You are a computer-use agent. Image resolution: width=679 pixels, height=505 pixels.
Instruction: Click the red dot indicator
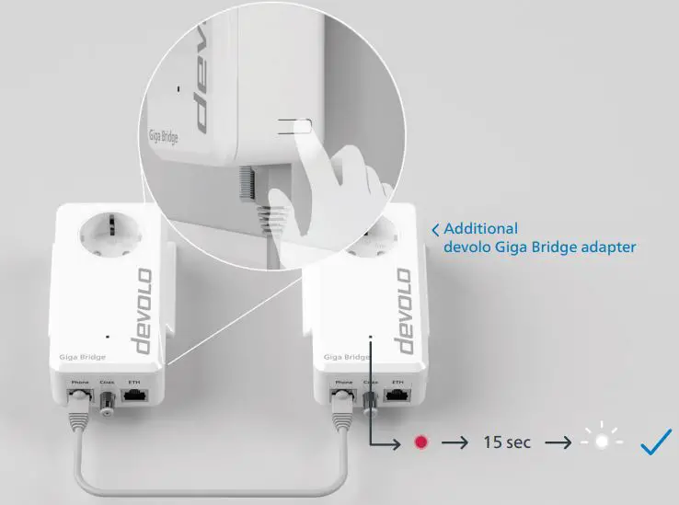click(x=421, y=442)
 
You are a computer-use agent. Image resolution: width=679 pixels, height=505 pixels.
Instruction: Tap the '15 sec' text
click(x=507, y=442)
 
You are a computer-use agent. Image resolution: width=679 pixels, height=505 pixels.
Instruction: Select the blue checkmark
click(x=657, y=442)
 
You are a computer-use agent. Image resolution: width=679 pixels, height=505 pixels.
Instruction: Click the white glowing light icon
click(x=601, y=442)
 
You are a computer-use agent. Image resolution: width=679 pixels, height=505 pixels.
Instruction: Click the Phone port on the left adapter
click(x=77, y=397)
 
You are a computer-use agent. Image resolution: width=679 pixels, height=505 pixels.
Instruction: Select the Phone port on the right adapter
click(x=343, y=398)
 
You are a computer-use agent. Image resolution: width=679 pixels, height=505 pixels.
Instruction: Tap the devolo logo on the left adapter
click(x=144, y=314)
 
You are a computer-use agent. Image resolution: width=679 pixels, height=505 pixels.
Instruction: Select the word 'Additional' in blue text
click(x=480, y=228)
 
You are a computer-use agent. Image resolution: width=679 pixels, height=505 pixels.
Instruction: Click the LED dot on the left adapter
click(x=109, y=337)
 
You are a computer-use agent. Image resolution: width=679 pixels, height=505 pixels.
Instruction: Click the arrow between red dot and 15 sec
click(x=453, y=442)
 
